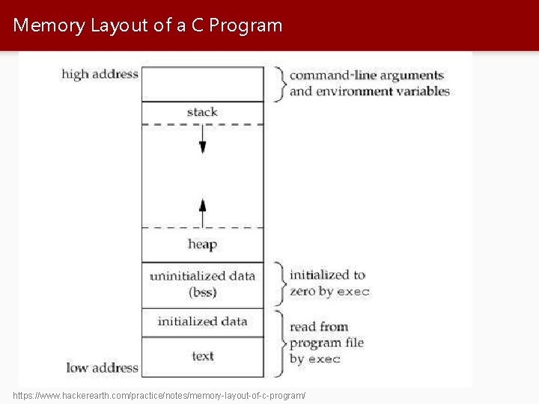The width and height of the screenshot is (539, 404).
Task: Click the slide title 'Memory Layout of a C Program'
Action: (x=148, y=25)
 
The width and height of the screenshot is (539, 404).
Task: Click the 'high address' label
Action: (x=100, y=74)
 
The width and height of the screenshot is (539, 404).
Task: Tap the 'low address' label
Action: (x=103, y=367)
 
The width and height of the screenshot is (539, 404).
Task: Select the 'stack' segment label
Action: (x=202, y=112)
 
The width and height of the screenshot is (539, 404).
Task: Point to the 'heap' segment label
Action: (x=202, y=245)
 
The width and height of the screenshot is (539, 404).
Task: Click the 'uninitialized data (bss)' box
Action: (x=202, y=284)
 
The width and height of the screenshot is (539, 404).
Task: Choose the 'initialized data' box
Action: (x=202, y=322)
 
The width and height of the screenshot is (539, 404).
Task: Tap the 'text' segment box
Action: (x=202, y=356)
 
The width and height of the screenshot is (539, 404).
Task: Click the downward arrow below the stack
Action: (x=202, y=141)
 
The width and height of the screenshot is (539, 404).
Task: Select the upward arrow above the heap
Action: (x=202, y=210)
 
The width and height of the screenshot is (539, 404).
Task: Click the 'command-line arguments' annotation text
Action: (x=367, y=76)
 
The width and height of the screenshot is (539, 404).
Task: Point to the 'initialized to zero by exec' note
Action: (x=329, y=283)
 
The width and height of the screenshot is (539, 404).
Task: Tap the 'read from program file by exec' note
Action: (x=327, y=343)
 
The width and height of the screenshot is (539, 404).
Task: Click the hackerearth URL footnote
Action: (x=159, y=394)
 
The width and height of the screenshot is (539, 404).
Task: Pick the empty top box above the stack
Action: (x=202, y=84)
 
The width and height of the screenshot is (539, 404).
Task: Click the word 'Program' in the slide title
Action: (x=246, y=25)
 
